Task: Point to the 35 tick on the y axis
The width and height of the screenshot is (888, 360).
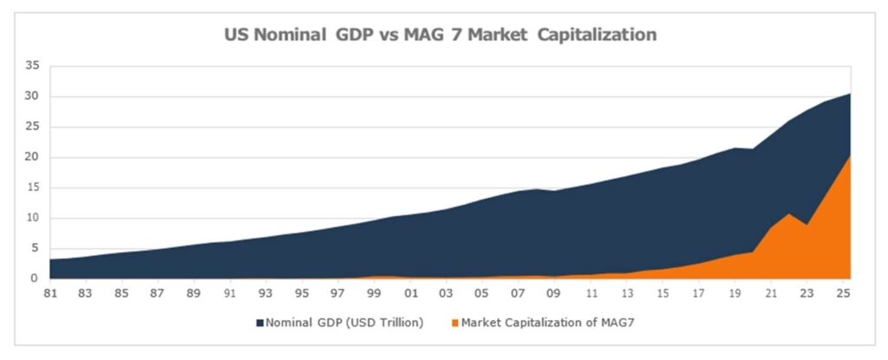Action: pos(32,66)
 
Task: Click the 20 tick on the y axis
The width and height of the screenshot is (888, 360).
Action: pos(32,157)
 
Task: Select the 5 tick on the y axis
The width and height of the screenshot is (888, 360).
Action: pos(36,249)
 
